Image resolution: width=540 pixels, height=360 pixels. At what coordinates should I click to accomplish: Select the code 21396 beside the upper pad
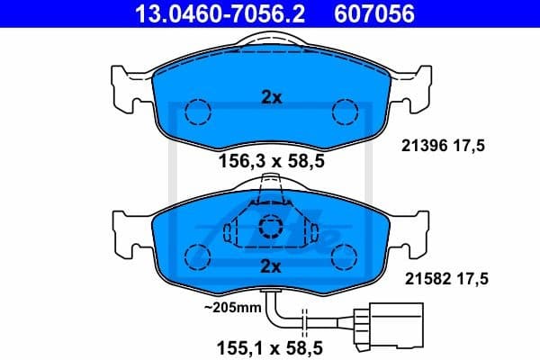coord(418,147)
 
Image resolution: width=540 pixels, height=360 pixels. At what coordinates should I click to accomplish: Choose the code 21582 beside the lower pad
coord(418,280)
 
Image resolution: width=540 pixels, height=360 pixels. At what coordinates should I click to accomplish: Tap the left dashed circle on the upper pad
coord(196,112)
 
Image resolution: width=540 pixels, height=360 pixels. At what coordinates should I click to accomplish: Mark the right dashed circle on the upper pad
coord(345,112)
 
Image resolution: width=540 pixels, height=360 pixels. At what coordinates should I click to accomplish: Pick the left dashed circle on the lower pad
coord(196,255)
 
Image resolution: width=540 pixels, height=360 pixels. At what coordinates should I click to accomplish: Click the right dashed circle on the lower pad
coord(345,255)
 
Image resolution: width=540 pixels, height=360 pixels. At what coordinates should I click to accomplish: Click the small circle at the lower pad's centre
coord(271,227)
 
